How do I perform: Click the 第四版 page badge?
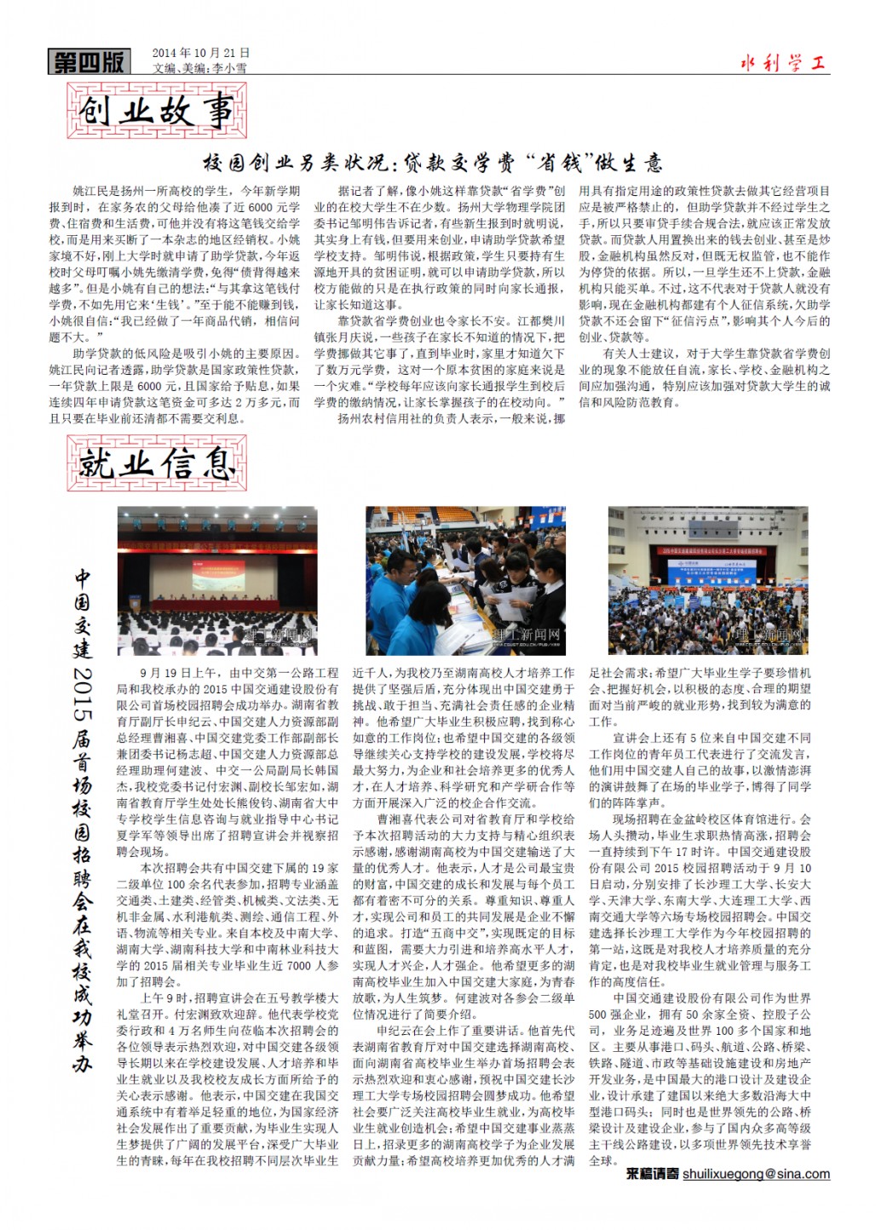[x=89, y=62]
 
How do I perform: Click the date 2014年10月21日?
[x=201, y=53]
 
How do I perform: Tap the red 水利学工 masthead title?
[x=782, y=63]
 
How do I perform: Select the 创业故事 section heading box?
[x=156, y=112]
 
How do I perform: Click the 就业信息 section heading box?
[x=156, y=464]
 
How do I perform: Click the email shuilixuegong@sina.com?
[x=756, y=1174]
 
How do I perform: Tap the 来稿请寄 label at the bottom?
[x=652, y=1174]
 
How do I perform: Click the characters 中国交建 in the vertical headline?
[x=82, y=613]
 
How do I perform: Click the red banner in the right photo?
[x=709, y=550]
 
